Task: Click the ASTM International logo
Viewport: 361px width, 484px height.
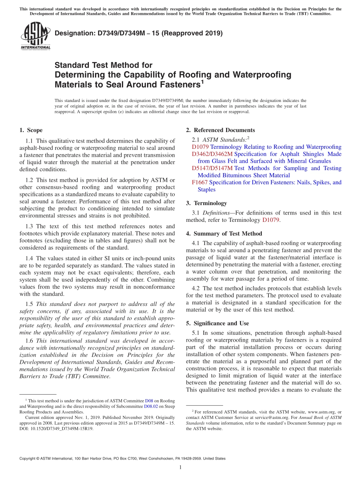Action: [x=35, y=36]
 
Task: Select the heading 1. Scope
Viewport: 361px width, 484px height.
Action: [x=31, y=130]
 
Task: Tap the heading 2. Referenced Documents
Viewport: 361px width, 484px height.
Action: [x=220, y=130]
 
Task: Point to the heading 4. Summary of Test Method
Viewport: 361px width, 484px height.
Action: [x=224, y=234]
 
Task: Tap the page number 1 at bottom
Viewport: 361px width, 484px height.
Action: [x=180, y=468]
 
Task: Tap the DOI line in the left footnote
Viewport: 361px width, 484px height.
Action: [x=56, y=428]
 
